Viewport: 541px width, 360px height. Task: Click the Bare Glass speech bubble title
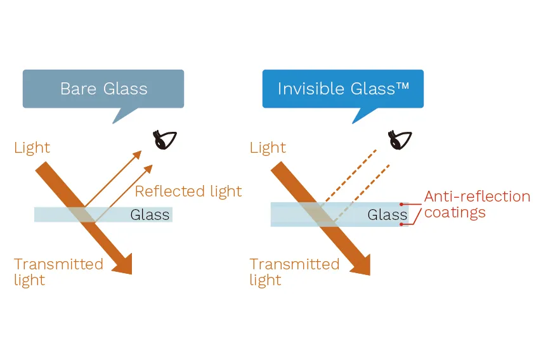(104, 89)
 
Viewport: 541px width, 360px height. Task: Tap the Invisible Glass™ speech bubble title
(343, 89)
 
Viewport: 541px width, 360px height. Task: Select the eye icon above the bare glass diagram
(164, 139)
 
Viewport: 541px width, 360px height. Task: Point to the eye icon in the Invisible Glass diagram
(400, 139)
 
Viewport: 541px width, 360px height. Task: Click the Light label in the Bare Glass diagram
(32, 148)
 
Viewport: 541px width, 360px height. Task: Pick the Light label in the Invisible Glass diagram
(268, 148)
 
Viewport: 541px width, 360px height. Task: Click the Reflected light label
(188, 191)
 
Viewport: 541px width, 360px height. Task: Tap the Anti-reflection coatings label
(477, 204)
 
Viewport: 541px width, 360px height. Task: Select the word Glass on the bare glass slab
(150, 214)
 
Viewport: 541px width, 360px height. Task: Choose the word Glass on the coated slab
(387, 214)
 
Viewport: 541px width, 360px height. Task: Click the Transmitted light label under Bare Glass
(58, 272)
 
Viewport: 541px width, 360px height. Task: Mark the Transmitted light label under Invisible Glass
(294, 272)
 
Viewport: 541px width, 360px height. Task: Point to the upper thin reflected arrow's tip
(141, 151)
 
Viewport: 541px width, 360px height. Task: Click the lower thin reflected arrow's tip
(152, 165)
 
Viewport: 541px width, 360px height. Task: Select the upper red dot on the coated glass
(401, 205)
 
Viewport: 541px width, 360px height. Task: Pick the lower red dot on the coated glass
(401, 224)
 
